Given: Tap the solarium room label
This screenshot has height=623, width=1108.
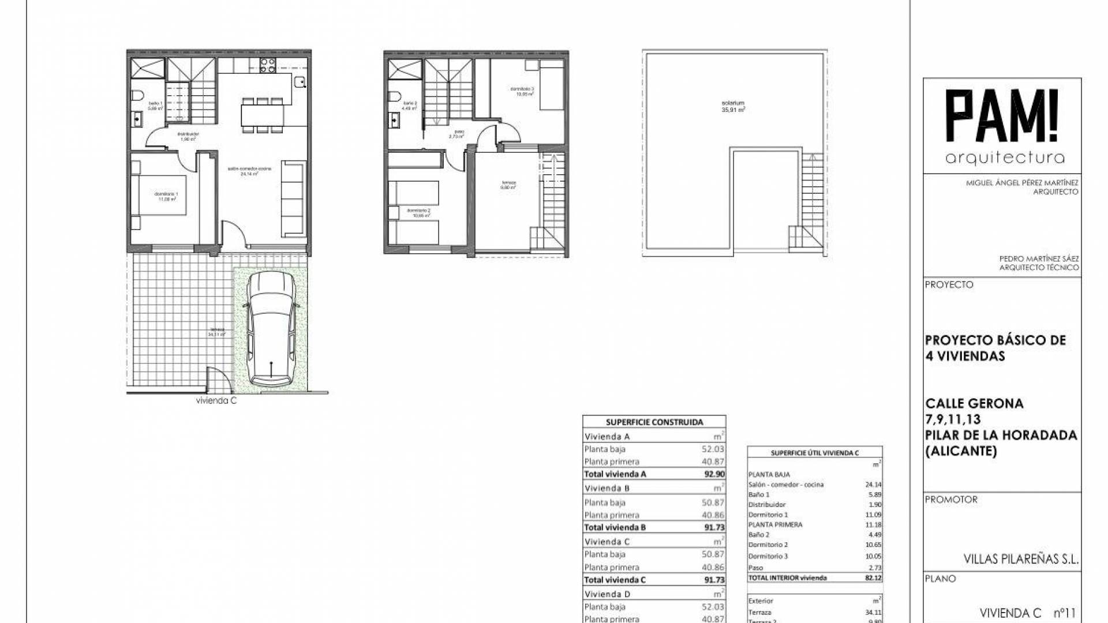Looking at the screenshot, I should (x=733, y=106).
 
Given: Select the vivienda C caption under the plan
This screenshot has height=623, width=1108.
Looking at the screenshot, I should (x=216, y=401).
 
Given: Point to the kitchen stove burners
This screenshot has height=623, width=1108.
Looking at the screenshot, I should (x=267, y=66).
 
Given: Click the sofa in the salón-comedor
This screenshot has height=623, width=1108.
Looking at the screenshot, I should (x=293, y=198).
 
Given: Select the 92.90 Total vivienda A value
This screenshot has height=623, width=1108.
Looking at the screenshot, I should (x=714, y=474).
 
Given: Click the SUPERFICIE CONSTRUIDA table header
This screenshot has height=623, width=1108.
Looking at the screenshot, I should (x=654, y=422).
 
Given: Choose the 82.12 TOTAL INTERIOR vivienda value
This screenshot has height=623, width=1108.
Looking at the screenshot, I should (x=873, y=577).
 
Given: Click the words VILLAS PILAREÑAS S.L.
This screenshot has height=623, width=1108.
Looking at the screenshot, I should (x=1021, y=559).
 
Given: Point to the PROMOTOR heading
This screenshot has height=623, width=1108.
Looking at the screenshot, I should (x=951, y=500).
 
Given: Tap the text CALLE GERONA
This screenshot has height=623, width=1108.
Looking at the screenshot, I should (x=974, y=404).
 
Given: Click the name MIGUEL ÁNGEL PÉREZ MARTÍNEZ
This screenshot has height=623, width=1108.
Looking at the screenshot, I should (x=1022, y=183).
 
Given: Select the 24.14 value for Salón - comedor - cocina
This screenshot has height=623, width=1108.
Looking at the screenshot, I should (x=873, y=485).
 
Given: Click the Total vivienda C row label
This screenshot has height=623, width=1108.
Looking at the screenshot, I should (x=615, y=580).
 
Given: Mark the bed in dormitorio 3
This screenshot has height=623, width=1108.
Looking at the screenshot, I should (x=552, y=88).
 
